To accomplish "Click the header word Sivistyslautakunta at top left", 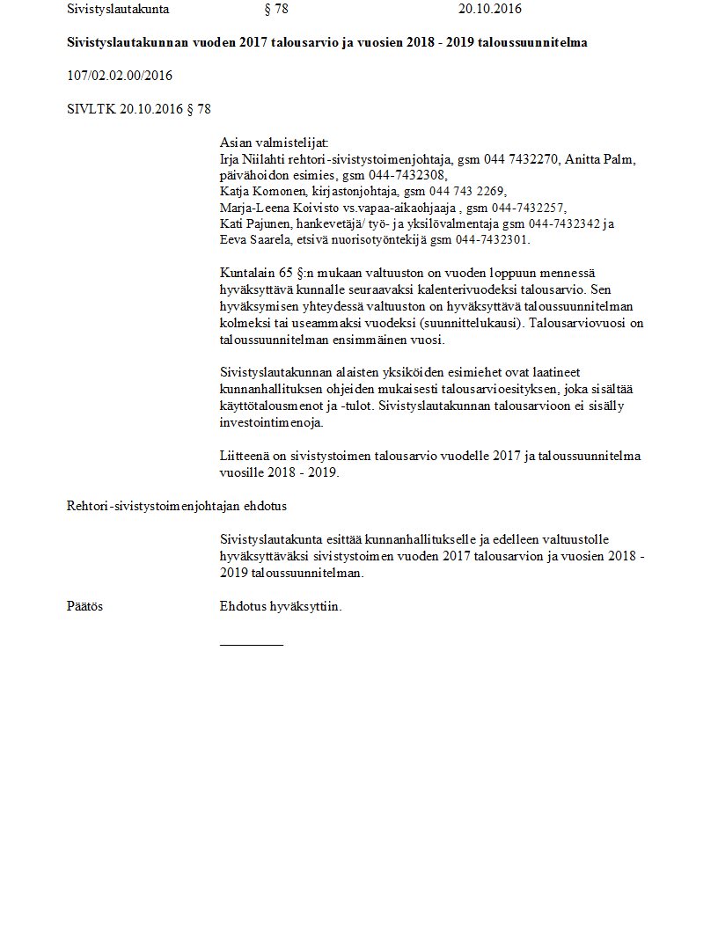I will pos(118,10).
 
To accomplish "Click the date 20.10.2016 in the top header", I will pos(490,10).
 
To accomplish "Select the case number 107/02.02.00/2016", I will pos(120,76).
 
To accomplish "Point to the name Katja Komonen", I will pos(261,191).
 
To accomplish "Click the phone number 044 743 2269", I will pos(470,191).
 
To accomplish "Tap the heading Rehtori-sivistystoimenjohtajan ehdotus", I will pos(177,506).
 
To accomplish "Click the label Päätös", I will pos(84,606).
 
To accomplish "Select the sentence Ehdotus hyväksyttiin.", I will pos(281,606).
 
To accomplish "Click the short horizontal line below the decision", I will pos(252,645).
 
